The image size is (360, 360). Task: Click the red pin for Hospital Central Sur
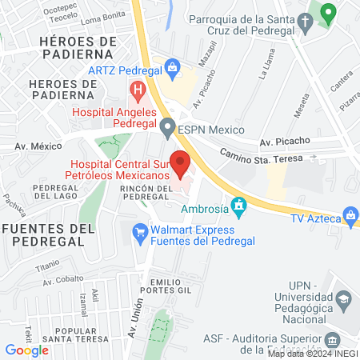(181, 162)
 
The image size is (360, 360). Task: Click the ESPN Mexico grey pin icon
(167, 126)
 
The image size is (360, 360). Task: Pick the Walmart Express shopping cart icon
(139, 230)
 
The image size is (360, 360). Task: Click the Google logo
(26, 350)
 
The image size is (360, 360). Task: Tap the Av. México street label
(38, 146)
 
